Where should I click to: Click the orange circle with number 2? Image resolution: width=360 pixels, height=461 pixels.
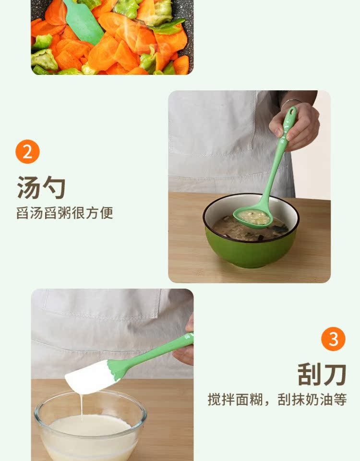tap(27, 152)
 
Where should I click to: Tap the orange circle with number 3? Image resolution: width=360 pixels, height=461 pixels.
tap(333, 339)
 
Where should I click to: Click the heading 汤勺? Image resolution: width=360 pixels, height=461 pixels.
tap(41, 188)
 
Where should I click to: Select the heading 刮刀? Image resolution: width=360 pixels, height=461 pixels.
tap(322, 374)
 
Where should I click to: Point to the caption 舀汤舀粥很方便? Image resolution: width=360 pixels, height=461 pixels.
tap(65, 213)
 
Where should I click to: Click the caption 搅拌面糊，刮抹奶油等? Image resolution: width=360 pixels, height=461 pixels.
tap(277, 400)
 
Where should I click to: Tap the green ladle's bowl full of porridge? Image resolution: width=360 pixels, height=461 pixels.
tap(253, 218)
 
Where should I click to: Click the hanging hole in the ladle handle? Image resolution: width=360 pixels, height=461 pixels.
tap(292, 111)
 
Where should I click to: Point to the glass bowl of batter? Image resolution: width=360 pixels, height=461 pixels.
tap(90, 426)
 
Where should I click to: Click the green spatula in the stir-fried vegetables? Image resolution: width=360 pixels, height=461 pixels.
tap(83, 21)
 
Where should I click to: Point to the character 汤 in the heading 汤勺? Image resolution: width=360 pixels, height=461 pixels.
tap(28, 188)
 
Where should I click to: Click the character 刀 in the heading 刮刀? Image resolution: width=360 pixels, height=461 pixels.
tap(335, 374)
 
